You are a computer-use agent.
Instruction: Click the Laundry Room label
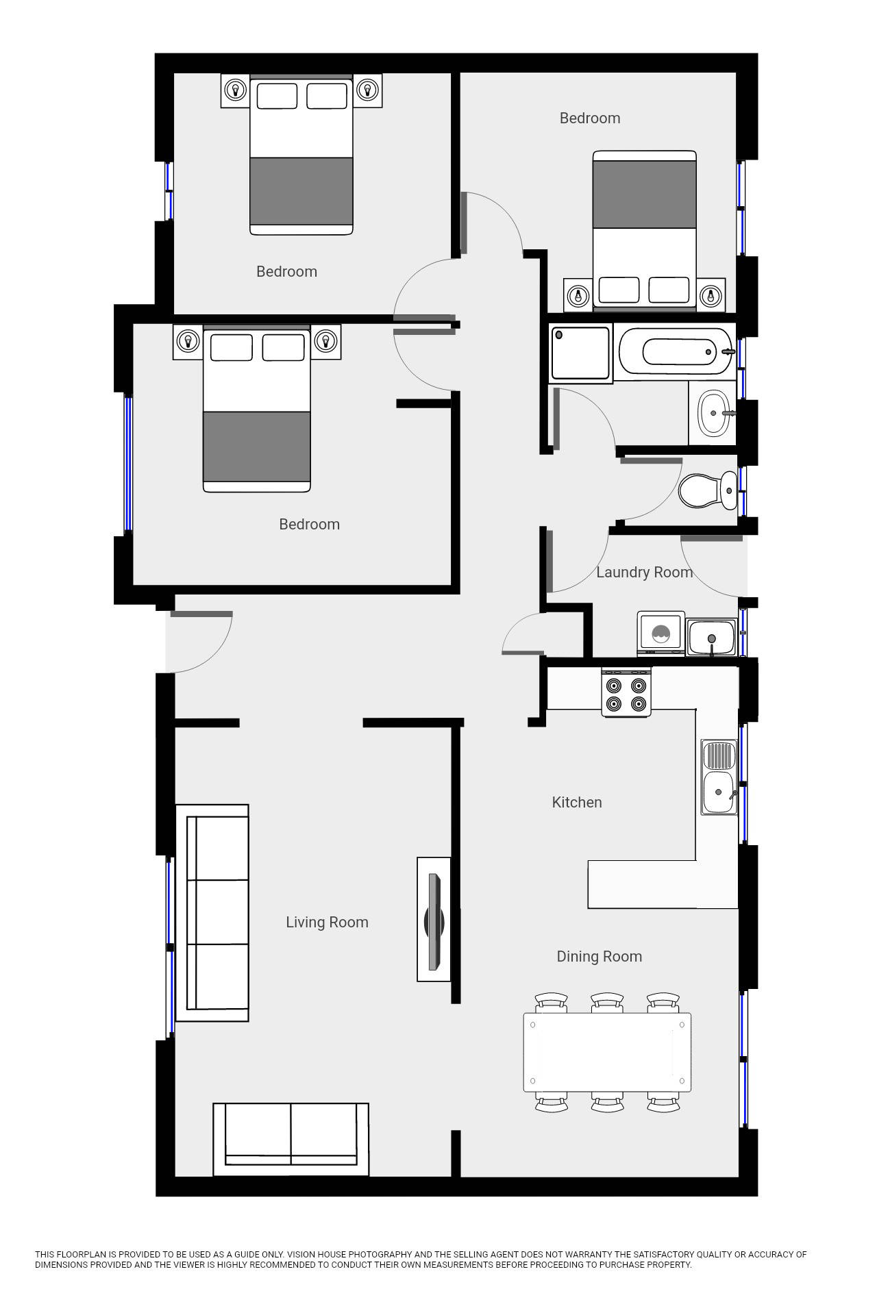(x=644, y=572)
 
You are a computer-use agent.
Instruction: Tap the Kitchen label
(x=577, y=802)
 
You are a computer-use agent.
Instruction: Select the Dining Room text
(x=599, y=957)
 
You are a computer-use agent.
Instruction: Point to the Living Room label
(x=327, y=923)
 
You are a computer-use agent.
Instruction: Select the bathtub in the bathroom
(x=676, y=351)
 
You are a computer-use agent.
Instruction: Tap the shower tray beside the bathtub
(x=580, y=353)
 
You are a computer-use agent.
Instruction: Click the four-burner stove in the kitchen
(x=626, y=693)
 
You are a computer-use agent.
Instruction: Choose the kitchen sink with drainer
(x=719, y=777)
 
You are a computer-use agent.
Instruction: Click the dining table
(x=607, y=1052)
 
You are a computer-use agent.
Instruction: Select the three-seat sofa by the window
(x=212, y=913)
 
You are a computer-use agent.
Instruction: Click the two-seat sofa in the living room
(x=291, y=1140)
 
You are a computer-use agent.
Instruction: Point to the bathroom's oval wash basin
(x=713, y=413)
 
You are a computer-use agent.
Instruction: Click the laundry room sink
(x=712, y=637)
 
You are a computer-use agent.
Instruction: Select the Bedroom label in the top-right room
(x=590, y=118)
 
